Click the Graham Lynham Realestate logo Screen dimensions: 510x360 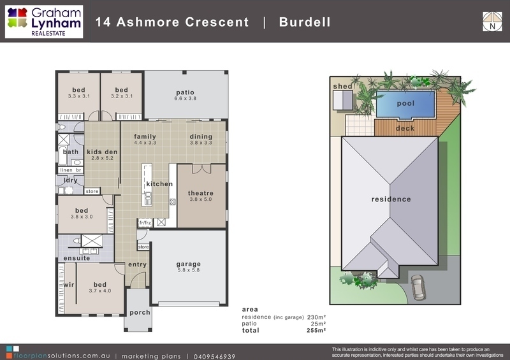(44, 22)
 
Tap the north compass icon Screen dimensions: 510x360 (492, 22)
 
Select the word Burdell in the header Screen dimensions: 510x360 (305, 22)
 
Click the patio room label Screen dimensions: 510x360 (185, 92)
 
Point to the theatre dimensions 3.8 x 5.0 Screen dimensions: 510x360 (201, 199)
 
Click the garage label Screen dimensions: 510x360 (188, 264)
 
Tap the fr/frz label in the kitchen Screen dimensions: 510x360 (145, 223)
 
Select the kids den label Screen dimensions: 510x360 (102, 152)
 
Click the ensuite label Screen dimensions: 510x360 (76, 258)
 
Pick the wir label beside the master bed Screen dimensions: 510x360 (69, 285)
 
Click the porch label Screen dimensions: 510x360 (140, 312)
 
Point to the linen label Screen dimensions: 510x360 (66, 170)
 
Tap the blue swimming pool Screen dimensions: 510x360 (405, 104)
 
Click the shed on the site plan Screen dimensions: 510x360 (343, 100)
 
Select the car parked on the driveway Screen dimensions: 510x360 (418, 287)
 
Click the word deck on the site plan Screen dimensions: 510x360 (405, 128)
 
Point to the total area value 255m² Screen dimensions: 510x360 (316, 331)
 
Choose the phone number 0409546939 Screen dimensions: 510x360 (214, 356)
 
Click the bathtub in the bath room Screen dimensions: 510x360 (62, 155)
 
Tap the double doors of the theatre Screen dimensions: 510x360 (201, 169)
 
